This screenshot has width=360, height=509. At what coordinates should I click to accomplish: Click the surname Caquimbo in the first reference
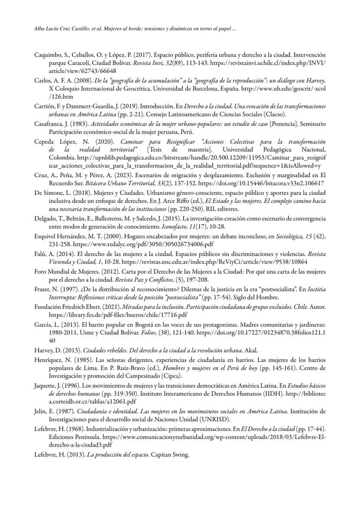[47, 55]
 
